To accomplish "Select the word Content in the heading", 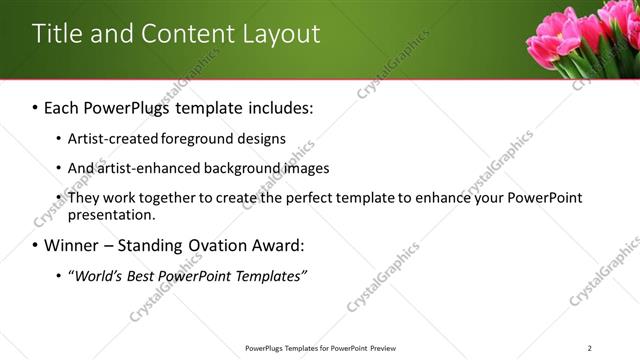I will pos(179,34).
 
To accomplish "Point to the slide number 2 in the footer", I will pos(590,348).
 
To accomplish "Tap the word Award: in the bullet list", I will pos(277,245).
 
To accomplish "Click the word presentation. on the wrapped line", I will pos(111,214).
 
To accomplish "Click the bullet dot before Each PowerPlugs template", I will pos(36,107).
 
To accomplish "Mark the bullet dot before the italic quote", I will pos(58,276).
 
